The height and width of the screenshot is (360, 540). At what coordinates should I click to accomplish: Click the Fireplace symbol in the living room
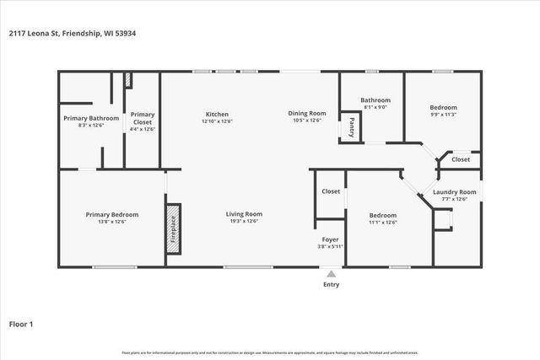[173, 225]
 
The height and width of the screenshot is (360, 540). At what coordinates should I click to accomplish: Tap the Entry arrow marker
[331, 274]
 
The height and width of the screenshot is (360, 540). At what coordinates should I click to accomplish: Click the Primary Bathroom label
[91, 118]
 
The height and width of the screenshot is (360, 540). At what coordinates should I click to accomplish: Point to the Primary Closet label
[143, 118]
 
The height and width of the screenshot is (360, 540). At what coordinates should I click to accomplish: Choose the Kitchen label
[217, 114]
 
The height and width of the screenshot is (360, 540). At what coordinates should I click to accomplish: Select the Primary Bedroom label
[112, 214]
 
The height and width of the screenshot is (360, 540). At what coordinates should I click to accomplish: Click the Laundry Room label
[455, 192]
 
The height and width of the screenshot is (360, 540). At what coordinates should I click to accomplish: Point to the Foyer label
[330, 239]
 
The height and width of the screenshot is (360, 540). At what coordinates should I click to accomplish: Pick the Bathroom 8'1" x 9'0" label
[375, 99]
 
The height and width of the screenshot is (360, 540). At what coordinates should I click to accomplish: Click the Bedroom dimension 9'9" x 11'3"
[443, 115]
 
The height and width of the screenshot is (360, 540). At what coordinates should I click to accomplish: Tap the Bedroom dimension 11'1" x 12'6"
[382, 223]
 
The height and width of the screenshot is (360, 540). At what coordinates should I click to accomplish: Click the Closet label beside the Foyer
[331, 192]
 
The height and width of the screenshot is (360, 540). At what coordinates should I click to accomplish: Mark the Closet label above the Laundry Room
[461, 159]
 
